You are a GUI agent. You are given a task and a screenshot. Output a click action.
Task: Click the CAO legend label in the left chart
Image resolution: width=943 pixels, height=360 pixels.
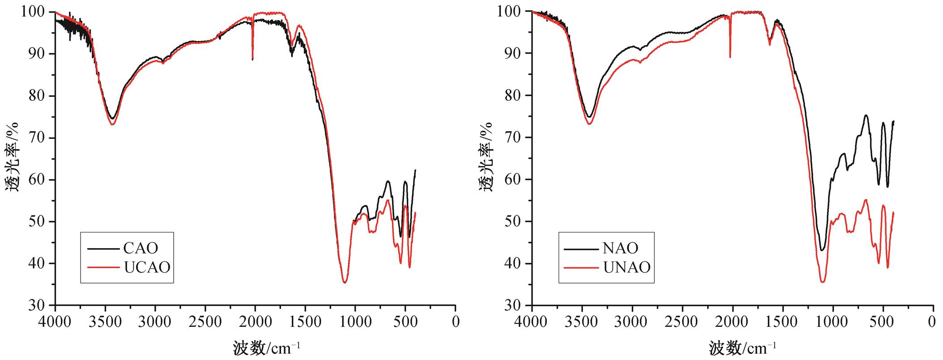click(141, 248)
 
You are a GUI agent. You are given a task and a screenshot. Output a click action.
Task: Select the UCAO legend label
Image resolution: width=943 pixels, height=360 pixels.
click(147, 267)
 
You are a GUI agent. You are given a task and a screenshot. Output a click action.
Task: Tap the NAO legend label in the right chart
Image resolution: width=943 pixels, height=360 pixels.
click(620, 248)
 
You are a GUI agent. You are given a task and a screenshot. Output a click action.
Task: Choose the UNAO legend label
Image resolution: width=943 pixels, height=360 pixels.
click(627, 267)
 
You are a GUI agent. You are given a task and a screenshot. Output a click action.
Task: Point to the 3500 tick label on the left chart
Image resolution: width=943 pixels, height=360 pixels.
click(105, 321)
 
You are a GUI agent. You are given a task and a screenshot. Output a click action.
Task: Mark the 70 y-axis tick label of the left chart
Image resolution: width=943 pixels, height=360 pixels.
click(37, 137)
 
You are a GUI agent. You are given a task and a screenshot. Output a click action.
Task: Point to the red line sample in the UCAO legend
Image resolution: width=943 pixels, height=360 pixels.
click(103, 268)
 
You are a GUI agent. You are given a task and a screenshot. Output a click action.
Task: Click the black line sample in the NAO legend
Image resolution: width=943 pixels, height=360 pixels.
click(580, 249)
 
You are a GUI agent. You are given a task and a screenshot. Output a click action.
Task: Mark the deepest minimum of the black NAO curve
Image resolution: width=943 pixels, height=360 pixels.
click(822, 250)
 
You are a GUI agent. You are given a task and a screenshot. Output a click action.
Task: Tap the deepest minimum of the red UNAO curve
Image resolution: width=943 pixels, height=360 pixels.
click(823, 282)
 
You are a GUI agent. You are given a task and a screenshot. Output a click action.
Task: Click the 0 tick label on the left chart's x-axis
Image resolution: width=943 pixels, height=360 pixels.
click(456, 321)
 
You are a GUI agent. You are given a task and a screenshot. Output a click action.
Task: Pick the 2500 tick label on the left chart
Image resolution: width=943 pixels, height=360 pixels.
click(205, 321)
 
